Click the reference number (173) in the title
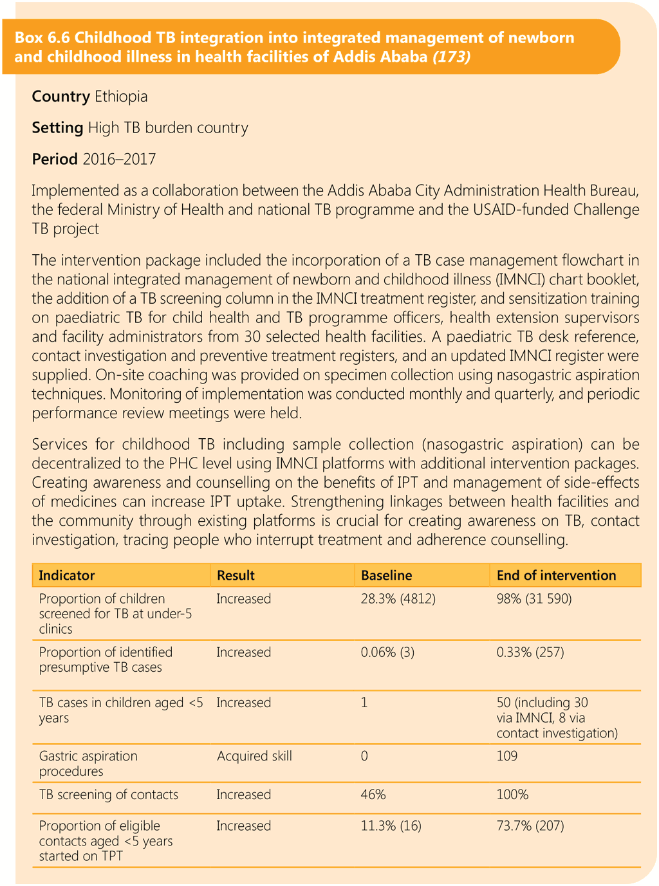coord(451,57)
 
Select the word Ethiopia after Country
coord(121,97)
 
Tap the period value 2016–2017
coord(119,159)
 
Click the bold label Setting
coord(57,128)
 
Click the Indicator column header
coord(67,575)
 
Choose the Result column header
coord(236,575)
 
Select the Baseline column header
coord(386,575)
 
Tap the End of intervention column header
coord(556,575)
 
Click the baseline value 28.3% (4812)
coord(398,599)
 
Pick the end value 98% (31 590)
coord(534,599)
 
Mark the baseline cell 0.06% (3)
coord(387,652)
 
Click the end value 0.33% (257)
coord(530,652)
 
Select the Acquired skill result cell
coord(254,756)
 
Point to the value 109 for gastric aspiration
coord(506,756)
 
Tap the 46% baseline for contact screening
coord(373,795)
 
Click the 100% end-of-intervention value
coord(512,795)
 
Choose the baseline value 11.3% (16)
coord(391,826)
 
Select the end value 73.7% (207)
coord(530,826)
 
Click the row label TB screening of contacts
coord(108,795)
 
